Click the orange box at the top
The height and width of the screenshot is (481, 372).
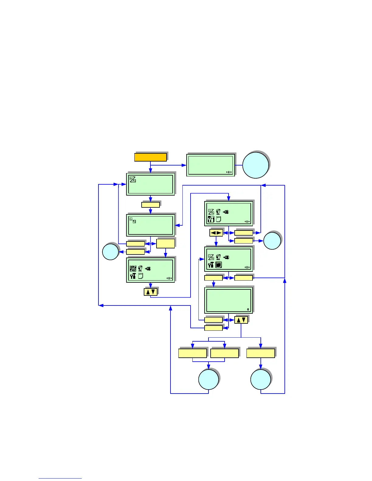150,157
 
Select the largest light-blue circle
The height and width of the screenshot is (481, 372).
256,165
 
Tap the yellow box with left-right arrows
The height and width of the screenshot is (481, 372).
216,233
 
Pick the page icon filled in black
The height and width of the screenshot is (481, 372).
218,265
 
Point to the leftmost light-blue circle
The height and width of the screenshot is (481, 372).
110,252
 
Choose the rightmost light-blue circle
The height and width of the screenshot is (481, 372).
272,241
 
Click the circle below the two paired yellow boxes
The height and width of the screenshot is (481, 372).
208,380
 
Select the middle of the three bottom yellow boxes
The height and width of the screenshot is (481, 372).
225,353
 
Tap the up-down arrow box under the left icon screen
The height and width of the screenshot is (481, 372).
150,292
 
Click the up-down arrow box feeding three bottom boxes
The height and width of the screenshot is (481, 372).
241,320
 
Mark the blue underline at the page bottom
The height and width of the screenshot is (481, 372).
60,478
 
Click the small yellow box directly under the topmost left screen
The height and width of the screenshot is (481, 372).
150,205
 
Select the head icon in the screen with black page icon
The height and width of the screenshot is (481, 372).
218,257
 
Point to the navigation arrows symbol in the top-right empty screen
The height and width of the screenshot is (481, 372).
229,172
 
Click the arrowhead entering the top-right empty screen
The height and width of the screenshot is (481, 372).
184,165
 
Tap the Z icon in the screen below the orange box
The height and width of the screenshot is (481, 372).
133,179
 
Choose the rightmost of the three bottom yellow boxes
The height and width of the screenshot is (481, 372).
260,353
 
